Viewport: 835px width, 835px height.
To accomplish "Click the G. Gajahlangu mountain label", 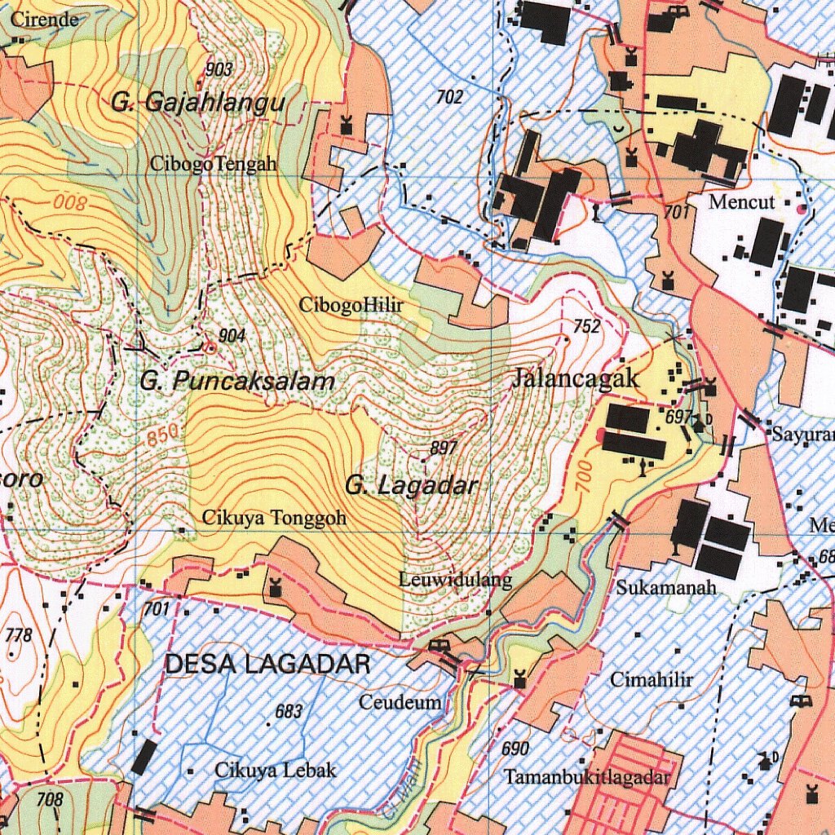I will click(198, 104).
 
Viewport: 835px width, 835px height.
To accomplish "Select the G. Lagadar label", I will click(411, 486).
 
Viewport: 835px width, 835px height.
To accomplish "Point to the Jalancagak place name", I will click(577, 379).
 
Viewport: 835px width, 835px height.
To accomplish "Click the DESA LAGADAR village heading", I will click(267, 665).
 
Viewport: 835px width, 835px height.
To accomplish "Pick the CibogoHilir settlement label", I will click(351, 306).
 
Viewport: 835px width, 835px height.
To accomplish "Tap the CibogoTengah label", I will click(213, 164).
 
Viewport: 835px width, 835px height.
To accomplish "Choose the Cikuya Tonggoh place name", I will click(274, 518).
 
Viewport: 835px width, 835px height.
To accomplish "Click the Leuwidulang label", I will click(456, 580).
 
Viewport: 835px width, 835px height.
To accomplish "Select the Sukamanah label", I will click(666, 587).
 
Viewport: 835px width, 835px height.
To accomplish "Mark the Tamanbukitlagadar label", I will click(587, 777).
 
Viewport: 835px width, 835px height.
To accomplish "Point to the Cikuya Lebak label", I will click(275, 770).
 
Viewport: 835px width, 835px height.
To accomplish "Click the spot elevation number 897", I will click(444, 448).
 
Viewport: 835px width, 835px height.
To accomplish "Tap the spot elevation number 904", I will click(232, 335).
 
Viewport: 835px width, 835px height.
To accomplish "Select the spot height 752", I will click(587, 327).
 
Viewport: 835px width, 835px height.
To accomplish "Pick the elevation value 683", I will click(289, 711).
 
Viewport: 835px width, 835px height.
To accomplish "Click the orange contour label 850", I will click(163, 437).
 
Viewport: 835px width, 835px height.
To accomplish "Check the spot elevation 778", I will click(18, 635).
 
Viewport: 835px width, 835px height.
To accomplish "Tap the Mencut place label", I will click(741, 202).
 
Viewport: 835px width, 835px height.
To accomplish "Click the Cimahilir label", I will click(652, 680).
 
